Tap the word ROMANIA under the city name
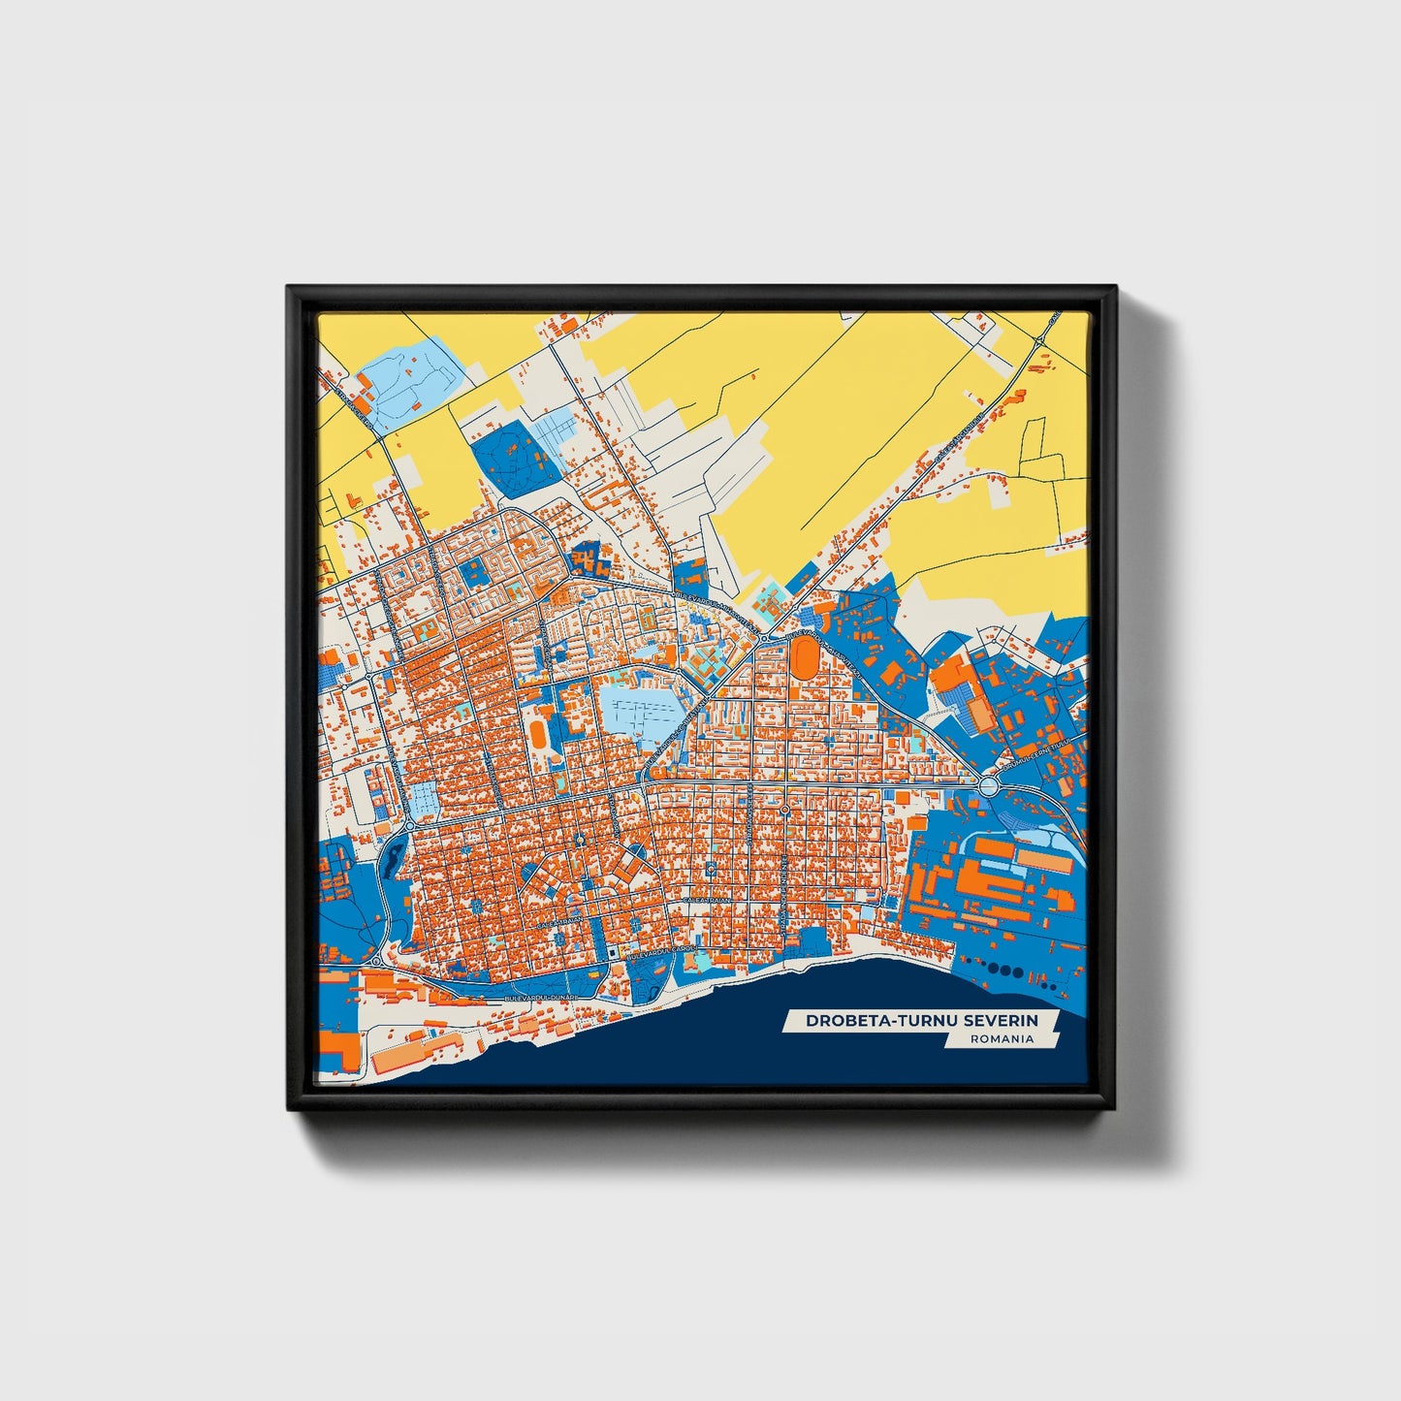pyautogui.click(x=1002, y=1038)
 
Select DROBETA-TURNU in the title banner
pyautogui.click(x=877, y=1020)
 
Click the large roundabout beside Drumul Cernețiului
pyautogui.click(x=988, y=786)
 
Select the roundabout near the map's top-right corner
pyautogui.click(x=1038, y=340)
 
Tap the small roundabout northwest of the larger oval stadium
pyautogui.click(x=764, y=637)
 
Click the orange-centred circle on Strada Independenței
pyautogui.click(x=783, y=809)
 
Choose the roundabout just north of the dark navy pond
pyautogui.click(x=408, y=826)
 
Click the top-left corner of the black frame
pyautogui.click(x=289, y=288)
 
